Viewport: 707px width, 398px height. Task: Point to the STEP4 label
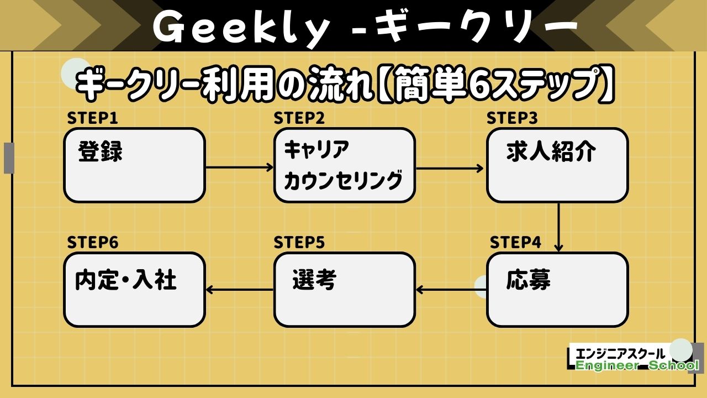pos(515,243)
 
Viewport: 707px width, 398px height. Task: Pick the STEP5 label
pos(299,243)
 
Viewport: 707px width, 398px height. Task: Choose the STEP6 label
pos(93,243)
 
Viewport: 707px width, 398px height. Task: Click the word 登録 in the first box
pos(100,152)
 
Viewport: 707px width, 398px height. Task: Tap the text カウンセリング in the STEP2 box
pos(343,181)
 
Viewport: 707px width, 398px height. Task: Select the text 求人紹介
pos(551,153)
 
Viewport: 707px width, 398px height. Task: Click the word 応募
pos(528,280)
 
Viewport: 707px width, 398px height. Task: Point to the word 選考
pos(314,281)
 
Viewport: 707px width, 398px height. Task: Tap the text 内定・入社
pos(126,280)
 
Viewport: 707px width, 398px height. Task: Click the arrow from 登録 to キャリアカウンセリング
pos(239,167)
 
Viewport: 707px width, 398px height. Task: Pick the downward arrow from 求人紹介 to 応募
pos(558,227)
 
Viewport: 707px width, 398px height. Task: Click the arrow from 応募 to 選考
pos(450,290)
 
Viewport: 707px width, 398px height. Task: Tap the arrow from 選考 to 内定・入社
pos(239,290)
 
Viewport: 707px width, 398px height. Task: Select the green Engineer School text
pos(637,366)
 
